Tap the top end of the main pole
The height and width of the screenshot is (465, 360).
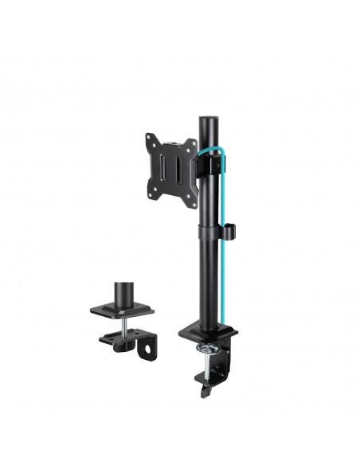point(209,121)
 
